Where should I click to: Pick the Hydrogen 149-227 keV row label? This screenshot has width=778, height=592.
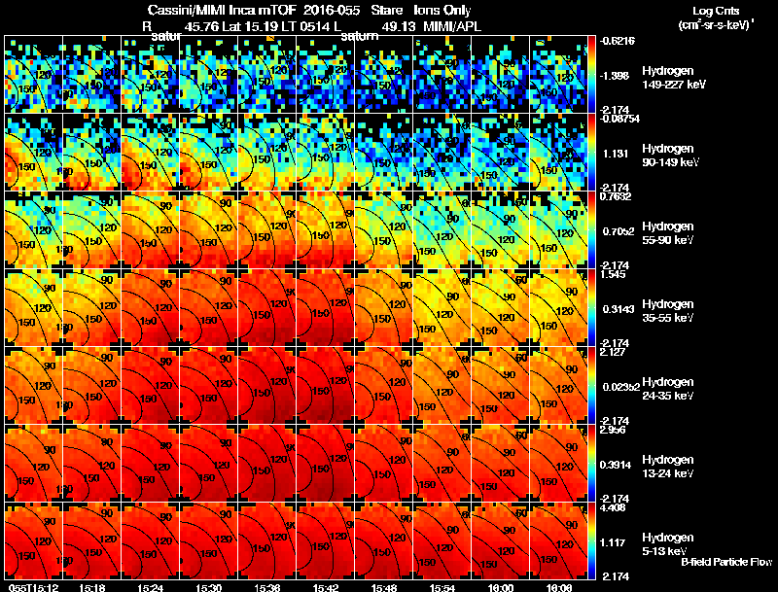(671, 78)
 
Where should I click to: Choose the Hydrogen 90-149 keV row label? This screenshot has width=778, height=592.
(671, 156)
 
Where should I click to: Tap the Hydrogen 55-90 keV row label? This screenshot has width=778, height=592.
(671, 233)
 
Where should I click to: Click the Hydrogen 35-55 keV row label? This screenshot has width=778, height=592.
(671, 311)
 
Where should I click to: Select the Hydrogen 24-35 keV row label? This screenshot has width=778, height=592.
(671, 389)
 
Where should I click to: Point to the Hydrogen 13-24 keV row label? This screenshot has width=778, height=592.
(671, 467)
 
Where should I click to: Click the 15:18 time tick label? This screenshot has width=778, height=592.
(92, 587)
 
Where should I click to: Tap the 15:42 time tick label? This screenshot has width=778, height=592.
(326, 587)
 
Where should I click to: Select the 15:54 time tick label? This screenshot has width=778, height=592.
(442, 587)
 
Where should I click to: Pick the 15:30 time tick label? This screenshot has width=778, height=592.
(209, 587)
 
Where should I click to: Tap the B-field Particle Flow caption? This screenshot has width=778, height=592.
(725, 562)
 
